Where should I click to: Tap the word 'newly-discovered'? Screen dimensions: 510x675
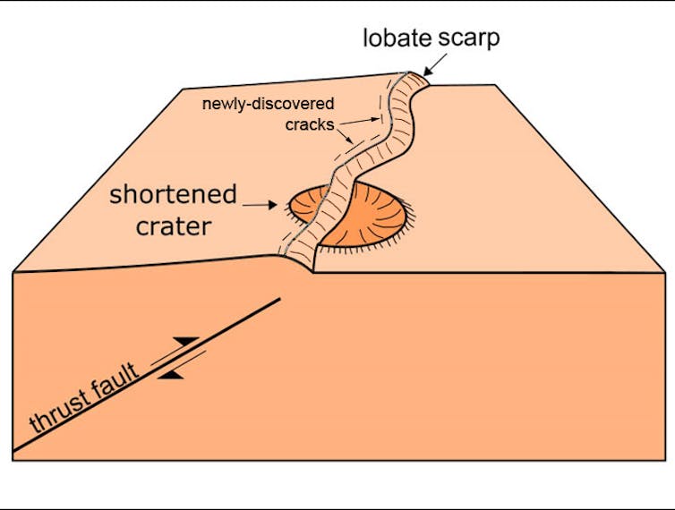[x=268, y=104]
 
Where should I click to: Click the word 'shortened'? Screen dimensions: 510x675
[x=174, y=195]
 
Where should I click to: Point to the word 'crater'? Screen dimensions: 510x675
[x=174, y=225]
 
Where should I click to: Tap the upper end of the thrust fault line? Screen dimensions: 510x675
[x=280, y=299]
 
